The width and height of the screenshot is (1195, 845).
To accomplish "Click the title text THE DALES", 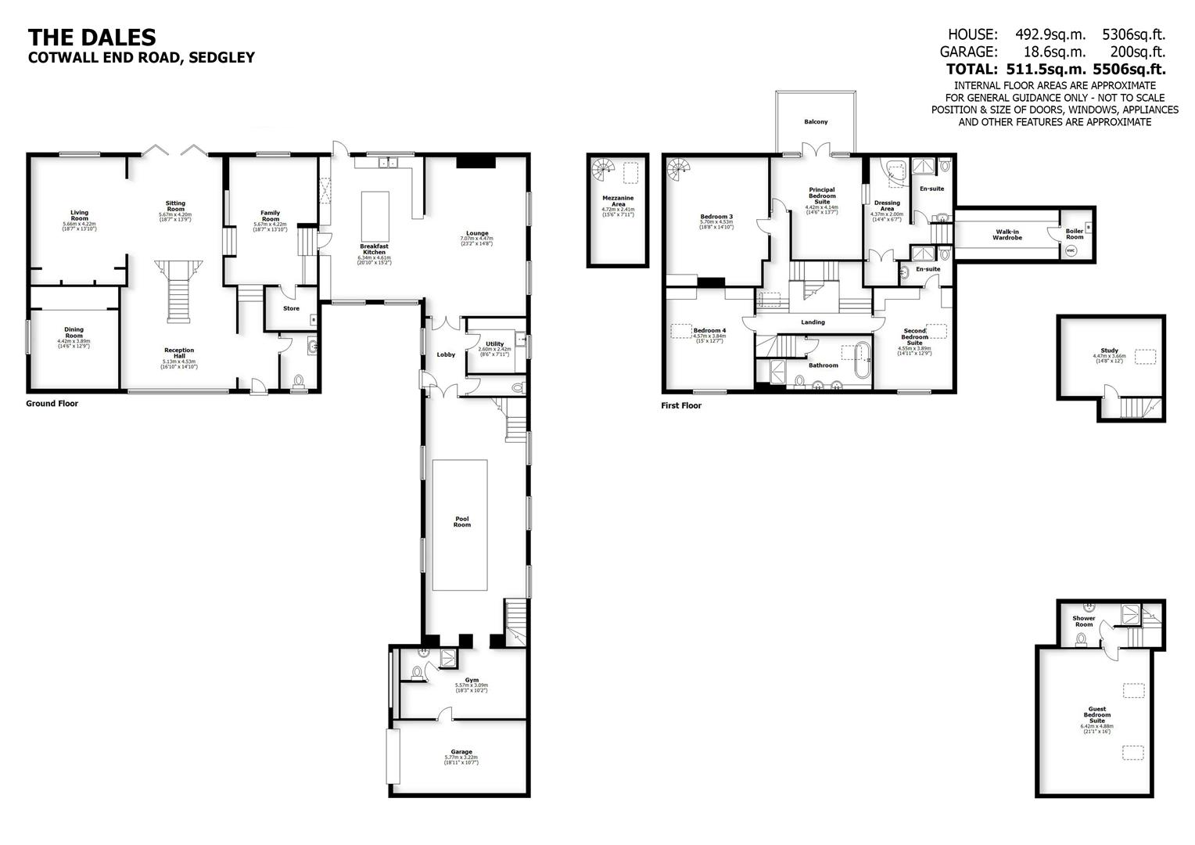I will [92, 37].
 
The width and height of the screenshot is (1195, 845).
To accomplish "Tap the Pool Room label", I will [462, 521].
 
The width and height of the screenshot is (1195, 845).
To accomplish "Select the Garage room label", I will [461, 752].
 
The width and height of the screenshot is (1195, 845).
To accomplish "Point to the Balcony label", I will [816, 122].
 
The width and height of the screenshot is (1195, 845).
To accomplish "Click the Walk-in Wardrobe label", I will [1007, 235].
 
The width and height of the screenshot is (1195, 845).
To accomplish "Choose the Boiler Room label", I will [1075, 234].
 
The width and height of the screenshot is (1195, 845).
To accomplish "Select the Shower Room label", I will [1083, 621].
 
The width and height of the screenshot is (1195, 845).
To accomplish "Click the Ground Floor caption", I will [52, 404].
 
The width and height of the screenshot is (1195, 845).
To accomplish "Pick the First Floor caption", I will [681, 405].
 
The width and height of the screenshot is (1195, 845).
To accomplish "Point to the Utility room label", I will [494, 344].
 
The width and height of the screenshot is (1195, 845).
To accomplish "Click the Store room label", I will [291, 308].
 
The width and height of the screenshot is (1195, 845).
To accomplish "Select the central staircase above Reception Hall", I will [178, 290].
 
